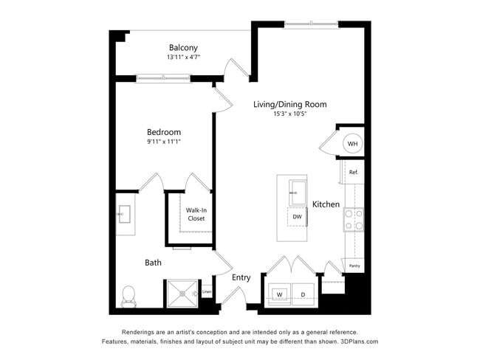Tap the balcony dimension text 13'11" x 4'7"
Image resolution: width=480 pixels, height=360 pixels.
tap(183, 57)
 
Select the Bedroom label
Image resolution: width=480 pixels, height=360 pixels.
tap(163, 132)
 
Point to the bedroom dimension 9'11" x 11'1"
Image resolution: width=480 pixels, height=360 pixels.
tap(163, 142)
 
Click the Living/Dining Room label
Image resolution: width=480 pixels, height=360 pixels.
tap(289, 104)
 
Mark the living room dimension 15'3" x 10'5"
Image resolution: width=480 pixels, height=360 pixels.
tap(289, 114)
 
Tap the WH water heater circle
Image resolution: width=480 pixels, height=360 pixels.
tap(352, 143)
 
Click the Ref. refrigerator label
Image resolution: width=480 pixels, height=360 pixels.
tap(353, 172)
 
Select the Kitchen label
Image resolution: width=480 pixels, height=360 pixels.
tap(326, 204)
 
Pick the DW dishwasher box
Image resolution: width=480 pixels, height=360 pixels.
tap(297, 217)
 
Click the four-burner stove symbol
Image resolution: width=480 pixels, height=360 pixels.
tap(353, 220)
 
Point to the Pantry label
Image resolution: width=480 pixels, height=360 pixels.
tap(354, 266)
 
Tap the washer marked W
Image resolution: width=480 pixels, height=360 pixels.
tap(280, 295)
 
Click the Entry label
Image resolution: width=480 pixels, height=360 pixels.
tap(241, 277)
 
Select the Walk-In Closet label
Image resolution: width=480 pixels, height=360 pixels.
tap(196, 214)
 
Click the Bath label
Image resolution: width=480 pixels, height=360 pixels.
tap(153, 262)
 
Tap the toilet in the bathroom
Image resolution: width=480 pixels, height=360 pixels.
tap(128, 295)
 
